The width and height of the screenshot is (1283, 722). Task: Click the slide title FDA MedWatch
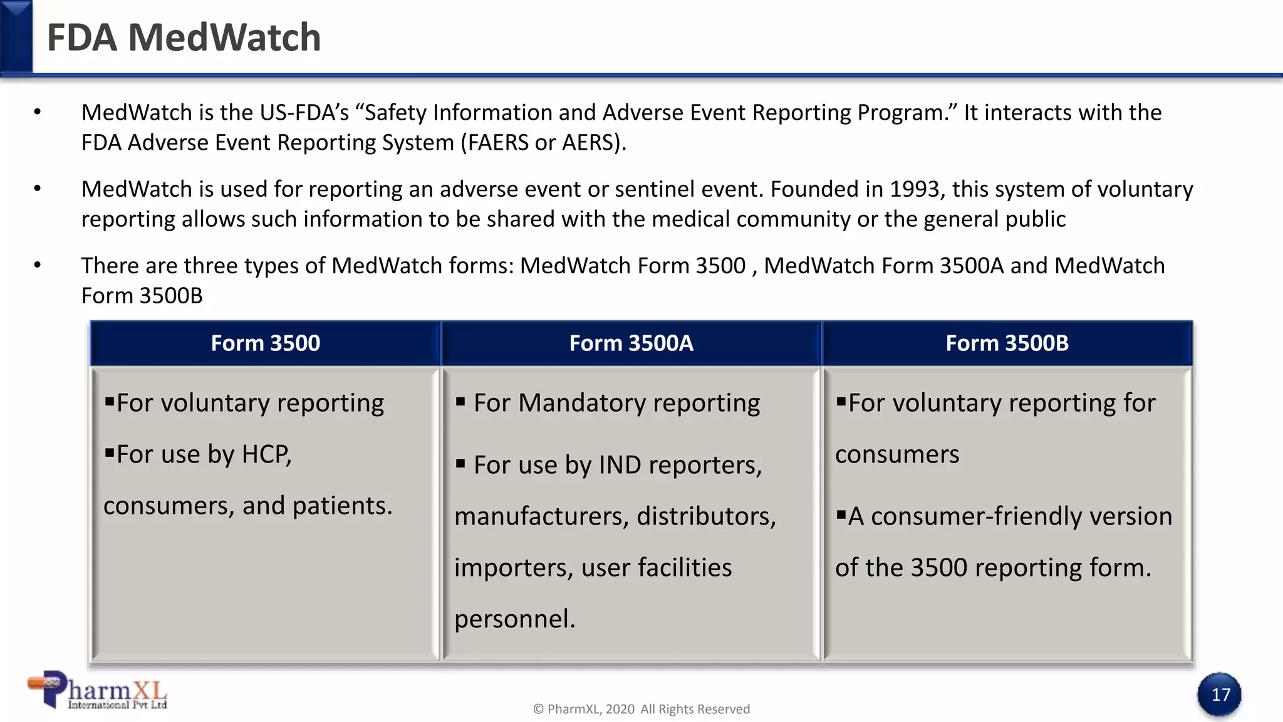click(184, 38)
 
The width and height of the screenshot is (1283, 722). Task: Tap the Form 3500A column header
click(631, 343)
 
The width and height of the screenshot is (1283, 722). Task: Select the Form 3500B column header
click(1007, 343)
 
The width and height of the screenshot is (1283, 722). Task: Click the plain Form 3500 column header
click(265, 343)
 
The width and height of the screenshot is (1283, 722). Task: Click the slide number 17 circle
click(1220, 694)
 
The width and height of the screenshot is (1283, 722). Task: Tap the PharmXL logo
click(98, 691)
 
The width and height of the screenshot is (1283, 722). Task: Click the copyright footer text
click(641, 709)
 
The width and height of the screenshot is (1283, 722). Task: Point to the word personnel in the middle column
click(514, 619)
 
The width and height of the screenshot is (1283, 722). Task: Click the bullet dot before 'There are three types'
click(37, 266)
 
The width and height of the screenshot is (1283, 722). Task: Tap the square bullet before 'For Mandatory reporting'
click(460, 402)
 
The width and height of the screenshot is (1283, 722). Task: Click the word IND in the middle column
click(620, 465)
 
